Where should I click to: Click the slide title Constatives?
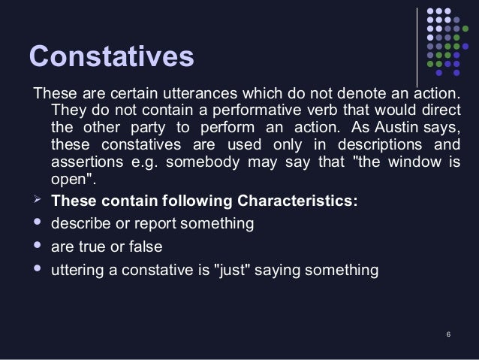(111, 57)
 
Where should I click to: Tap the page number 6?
(447, 334)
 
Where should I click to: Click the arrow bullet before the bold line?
(34, 201)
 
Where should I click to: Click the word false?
(146, 247)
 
